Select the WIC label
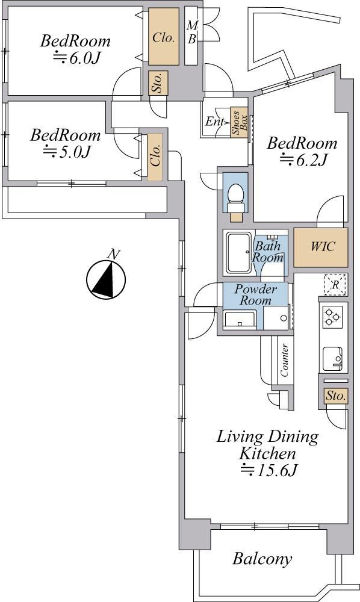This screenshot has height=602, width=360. click(x=323, y=246)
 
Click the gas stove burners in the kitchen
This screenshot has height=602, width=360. click(x=332, y=317)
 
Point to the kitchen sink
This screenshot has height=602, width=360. click(x=332, y=359)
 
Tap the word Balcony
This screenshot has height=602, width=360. click(x=262, y=559)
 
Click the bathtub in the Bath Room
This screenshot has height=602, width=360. click(x=239, y=253)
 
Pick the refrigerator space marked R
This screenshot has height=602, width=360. click(x=335, y=285)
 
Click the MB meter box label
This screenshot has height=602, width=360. click(x=192, y=33)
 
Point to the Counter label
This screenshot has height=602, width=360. click(x=284, y=360)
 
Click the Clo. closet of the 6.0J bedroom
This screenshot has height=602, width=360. click(x=164, y=37)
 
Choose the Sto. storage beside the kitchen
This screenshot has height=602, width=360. click(x=336, y=396)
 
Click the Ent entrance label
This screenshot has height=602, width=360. click(x=214, y=122)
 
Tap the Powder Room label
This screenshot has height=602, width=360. click(x=256, y=294)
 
